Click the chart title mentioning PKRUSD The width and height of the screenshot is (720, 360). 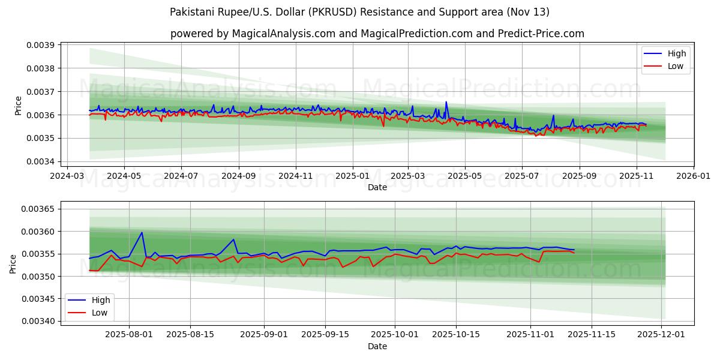pyautogui.click(x=359, y=12)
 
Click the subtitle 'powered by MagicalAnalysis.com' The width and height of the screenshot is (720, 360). pyautogui.click(x=377, y=34)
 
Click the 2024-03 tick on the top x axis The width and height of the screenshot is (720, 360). pyautogui.click(x=67, y=177)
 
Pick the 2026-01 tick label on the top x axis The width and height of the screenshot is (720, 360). pyautogui.click(x=694, y=177)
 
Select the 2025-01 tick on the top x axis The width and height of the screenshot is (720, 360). pyautogui.click(x=352, y=177)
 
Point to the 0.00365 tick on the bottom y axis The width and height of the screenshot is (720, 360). pyautogui.click(x=38, y=209)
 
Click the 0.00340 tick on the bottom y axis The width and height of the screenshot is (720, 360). pyautogui.click(x=38, y=321)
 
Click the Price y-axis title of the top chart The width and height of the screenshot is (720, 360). pyautogui.click(x=18, y=106)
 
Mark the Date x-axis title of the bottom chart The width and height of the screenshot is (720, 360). pyautogui.click(x=377, y=347)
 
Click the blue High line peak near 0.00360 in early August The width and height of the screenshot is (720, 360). pyautogui.click(x=142, y=232)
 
